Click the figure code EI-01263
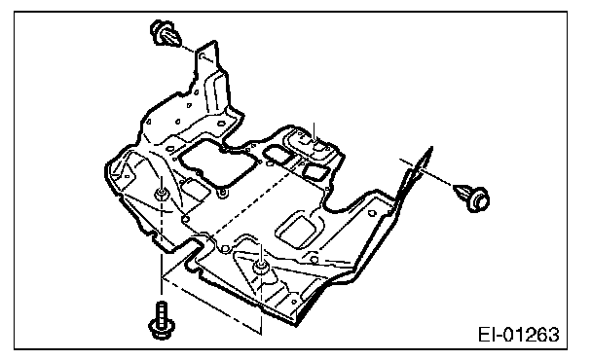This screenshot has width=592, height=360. pyautogui.click(x=519, y=335)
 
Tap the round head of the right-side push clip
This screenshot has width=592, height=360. pyautogui.click(x=478, y=199)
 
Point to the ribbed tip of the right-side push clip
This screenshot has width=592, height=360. pyautogui.click(x=462, y=192)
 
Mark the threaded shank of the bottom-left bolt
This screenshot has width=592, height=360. pyautogui.click(x=162, y=310)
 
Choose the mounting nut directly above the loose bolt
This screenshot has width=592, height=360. pyautogui.click(x=162, y=195)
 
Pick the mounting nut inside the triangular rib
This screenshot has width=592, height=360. pyautogui.click(x=261, y=267)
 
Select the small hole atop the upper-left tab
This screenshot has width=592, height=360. pyautogui.click(x=203, y=56)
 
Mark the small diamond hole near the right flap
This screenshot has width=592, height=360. pyautogui.click(x=372, y=213)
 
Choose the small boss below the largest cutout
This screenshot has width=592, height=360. pyautogui.click(x=224, y=194)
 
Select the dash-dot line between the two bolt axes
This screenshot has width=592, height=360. pyautogui.click(x=211, y=306)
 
